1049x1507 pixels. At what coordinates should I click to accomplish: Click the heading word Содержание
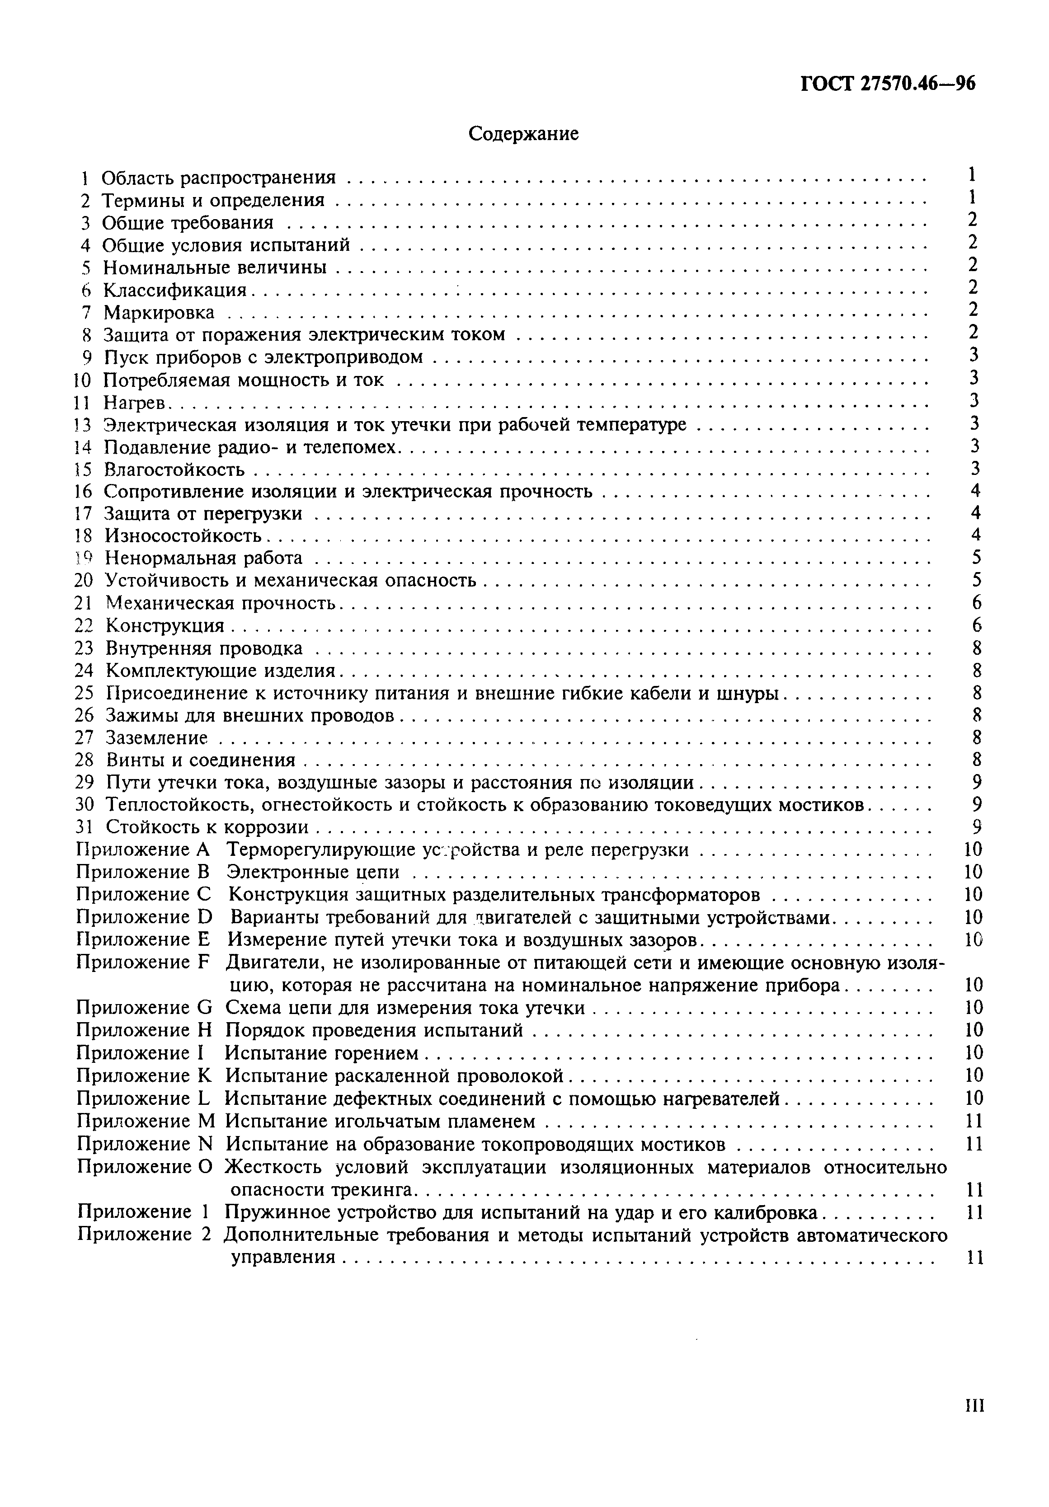[523, 134]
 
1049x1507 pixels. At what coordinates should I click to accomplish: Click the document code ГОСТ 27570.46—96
[888, 83]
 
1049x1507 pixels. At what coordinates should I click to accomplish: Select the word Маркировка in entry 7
[159, 312]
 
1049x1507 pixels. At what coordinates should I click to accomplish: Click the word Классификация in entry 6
[174, 290]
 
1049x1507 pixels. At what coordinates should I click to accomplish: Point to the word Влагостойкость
[174, 469]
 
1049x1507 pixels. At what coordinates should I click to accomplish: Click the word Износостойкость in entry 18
[184, 536]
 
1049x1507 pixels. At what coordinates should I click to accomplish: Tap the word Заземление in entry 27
[156, 738]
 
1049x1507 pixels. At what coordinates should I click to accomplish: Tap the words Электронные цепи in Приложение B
[312, 872]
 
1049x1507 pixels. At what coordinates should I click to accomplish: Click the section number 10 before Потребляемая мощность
[83, 380]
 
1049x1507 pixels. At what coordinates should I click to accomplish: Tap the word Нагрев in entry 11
[135, 402]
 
